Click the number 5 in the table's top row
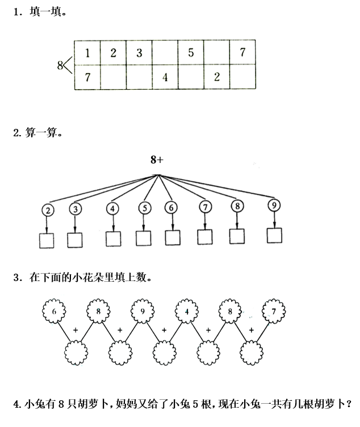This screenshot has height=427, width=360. (x=191, y=53)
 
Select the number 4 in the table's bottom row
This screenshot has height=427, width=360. (x=165, y=78)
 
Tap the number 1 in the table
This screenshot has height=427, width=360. (x=87, y=53)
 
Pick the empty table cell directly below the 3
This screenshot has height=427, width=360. (x=139, y=78)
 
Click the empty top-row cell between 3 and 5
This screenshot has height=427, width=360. (x=165, y=53)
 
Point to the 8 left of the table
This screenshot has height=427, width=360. (x=60, y=65)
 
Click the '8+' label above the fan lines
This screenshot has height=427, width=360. (x=157, y=160)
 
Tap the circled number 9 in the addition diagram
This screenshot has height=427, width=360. (x=274, y=206)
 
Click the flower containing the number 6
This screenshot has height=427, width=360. (x=54, y=312)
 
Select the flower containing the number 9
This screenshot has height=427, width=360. (x=142, y=312)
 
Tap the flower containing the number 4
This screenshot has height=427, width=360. (x=186, y=311)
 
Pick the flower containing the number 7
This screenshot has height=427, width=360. (x=274, y=312)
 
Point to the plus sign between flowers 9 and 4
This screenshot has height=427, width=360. (x=164, y=330)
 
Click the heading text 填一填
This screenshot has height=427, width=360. (x=43, y=11)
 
